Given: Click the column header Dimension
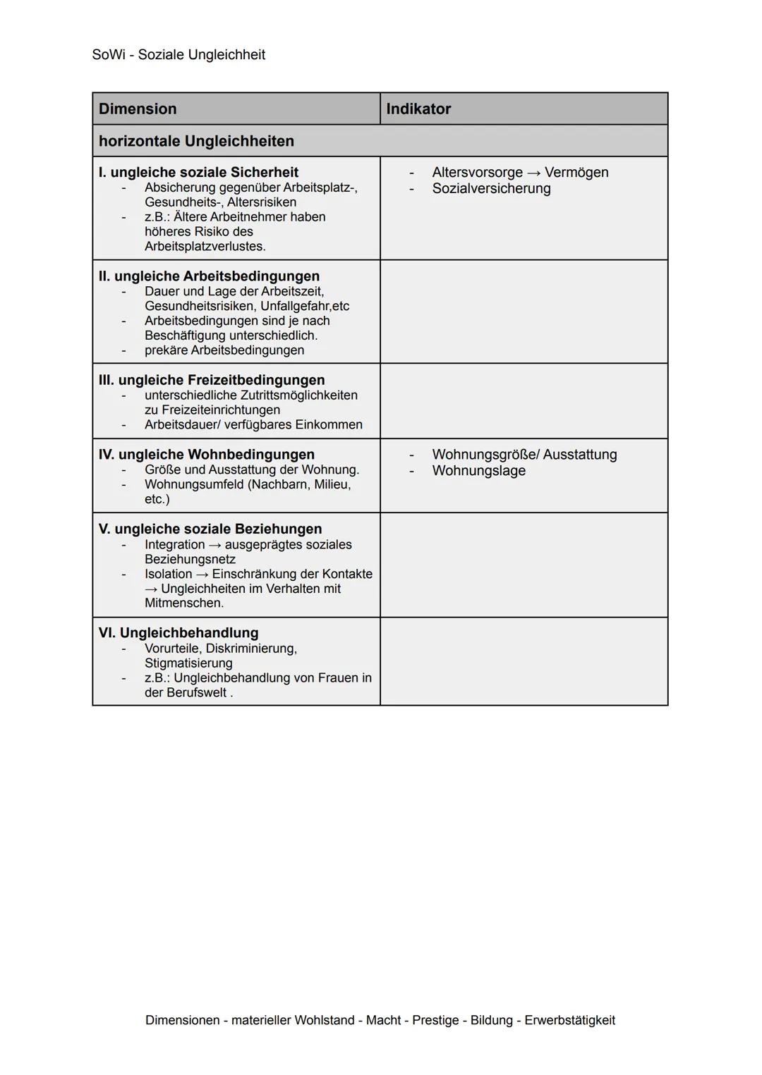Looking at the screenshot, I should pos(138,109).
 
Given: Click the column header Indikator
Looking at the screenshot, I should pos(418,109).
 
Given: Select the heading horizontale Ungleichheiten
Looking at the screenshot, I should pos(196,141).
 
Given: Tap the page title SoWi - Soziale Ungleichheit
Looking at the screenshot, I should pos(179,54).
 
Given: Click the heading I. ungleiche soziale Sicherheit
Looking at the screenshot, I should pos(198,172).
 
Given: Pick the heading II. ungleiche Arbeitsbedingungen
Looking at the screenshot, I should pos(209,276).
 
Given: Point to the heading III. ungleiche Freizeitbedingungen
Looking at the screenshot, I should pos(212,380).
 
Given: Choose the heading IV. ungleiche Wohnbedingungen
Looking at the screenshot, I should pos(207,455).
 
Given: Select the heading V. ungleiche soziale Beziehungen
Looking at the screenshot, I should pos(210,529).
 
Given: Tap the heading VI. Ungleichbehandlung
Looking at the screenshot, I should pos(179,632).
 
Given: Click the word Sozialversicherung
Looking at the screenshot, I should pos(491,188).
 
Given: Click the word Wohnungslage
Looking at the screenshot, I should pos(478,470).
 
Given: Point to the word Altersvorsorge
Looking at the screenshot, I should pos(477,172).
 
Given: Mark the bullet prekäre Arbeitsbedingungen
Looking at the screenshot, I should pos(224,350).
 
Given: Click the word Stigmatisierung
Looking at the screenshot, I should pos(188,663).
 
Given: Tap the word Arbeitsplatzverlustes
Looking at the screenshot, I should pos(205,246).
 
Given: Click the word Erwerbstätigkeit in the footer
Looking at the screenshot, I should pos(569,1020).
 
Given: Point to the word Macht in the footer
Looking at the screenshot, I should pos(383,1020).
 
